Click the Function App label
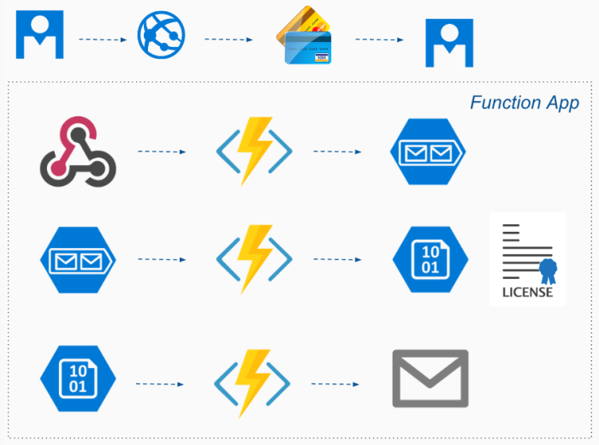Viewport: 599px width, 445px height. pos(524,103)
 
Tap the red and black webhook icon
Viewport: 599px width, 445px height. pos(77,152)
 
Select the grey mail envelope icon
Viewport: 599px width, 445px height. pos(430,378)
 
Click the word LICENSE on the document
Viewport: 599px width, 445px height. pos(527,292)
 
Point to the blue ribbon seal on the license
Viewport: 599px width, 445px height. pos(547,271)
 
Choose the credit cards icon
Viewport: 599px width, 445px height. pos(305,38)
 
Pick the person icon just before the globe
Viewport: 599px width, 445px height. pos(39,36)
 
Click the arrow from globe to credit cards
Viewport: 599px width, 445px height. pos(228,39)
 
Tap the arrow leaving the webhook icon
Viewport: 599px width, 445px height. pos(162,152)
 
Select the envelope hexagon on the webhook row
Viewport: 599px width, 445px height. pos(428,152)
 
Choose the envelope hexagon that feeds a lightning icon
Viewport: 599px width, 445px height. pos(77,259)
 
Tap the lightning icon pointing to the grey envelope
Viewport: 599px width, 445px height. pos(253,382)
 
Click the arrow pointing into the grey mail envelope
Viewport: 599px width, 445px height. pos(335,384)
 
